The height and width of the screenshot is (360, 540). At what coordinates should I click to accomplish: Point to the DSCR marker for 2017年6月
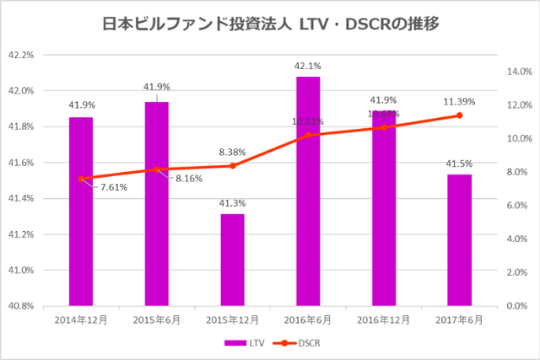coord(459,116)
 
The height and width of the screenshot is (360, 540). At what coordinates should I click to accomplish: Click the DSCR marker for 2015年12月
coord(232,165)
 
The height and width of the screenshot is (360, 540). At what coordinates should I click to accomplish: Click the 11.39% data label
coord(459,101)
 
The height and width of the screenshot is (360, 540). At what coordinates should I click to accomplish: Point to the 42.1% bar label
coord(308,66)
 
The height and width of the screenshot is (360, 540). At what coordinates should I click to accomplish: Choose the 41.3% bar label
coord(232,203)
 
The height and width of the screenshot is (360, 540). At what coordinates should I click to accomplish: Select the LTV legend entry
coord(244,343)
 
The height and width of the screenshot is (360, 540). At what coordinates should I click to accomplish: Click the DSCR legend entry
coord(299,343)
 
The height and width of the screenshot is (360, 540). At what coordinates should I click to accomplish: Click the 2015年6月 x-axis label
coord(157,320)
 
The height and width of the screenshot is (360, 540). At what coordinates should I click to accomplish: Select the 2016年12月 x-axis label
coord(384,320)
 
